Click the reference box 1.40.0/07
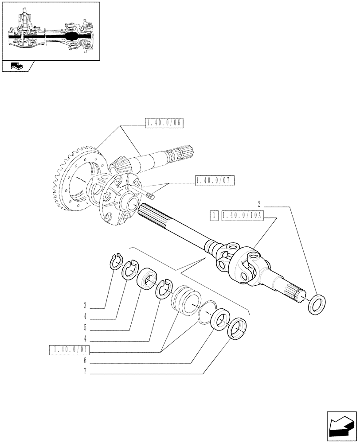point(214,180)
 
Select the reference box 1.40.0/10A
point(242,216)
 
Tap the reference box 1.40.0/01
point(69,351)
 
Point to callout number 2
point(258,204)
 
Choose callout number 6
point(84,361)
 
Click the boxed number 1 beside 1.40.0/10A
point(214,216)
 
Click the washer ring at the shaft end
point(317,305)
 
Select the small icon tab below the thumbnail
point(17,66)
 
